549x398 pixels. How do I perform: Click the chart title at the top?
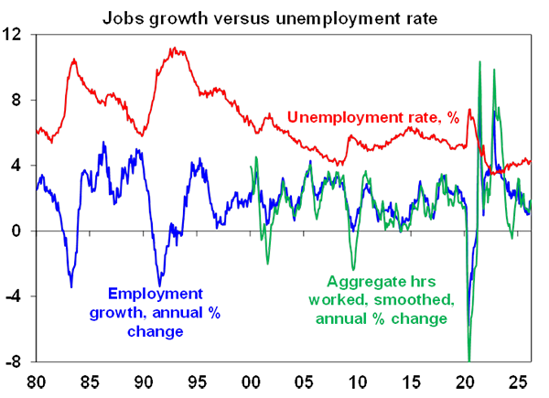[x=274, y=17]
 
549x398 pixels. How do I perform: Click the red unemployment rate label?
[x=384, y=120]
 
